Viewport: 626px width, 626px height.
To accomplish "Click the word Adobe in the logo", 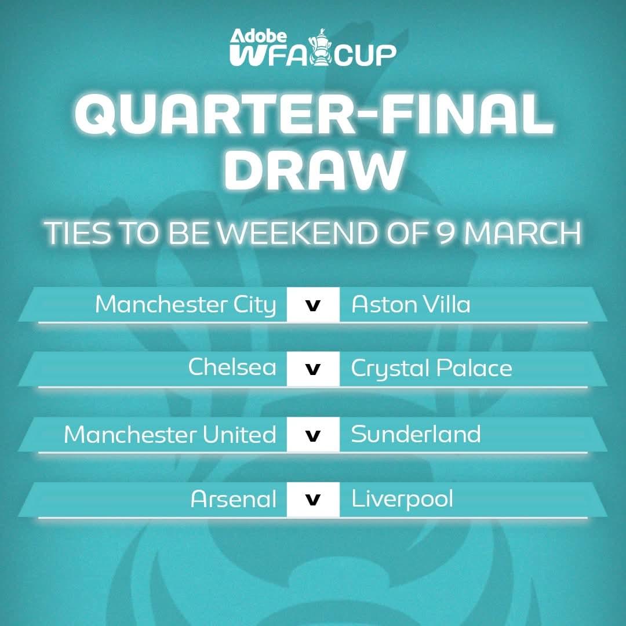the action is pyautogui.click(x=259, y=37).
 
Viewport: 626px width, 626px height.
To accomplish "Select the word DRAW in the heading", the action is pyautogui.click(x=314, y=170).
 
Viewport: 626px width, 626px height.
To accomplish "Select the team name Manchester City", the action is pyautogui.click(x=185, y=305).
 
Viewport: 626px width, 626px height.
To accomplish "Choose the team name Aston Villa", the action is pyautogui.click(x=411, y=304).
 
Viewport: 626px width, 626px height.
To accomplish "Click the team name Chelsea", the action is pyautogui.click(x=232, y=367).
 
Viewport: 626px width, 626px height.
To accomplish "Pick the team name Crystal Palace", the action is pyautogui.click(x=432, y=369).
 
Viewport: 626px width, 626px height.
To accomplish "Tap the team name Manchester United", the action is pyautogui.click(x=170, y=434).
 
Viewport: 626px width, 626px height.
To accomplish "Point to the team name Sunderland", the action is pyautogui.click(x=416, y=434).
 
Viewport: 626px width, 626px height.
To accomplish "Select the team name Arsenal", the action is pyautogui.click(x=234, y=498).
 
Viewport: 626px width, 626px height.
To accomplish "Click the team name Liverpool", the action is pyautogui.click(x=402, y=500).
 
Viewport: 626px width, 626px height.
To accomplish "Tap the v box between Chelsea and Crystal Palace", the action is pyautogui.click(x=313, y=369).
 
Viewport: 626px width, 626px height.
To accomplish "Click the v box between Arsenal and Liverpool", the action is pyautogui.click(x=313, y=500).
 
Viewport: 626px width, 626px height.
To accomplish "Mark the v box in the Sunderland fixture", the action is pyautogui.click(x=313, y=434).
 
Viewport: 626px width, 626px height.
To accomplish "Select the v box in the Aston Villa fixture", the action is pyautogui.click(x=313, y=304).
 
